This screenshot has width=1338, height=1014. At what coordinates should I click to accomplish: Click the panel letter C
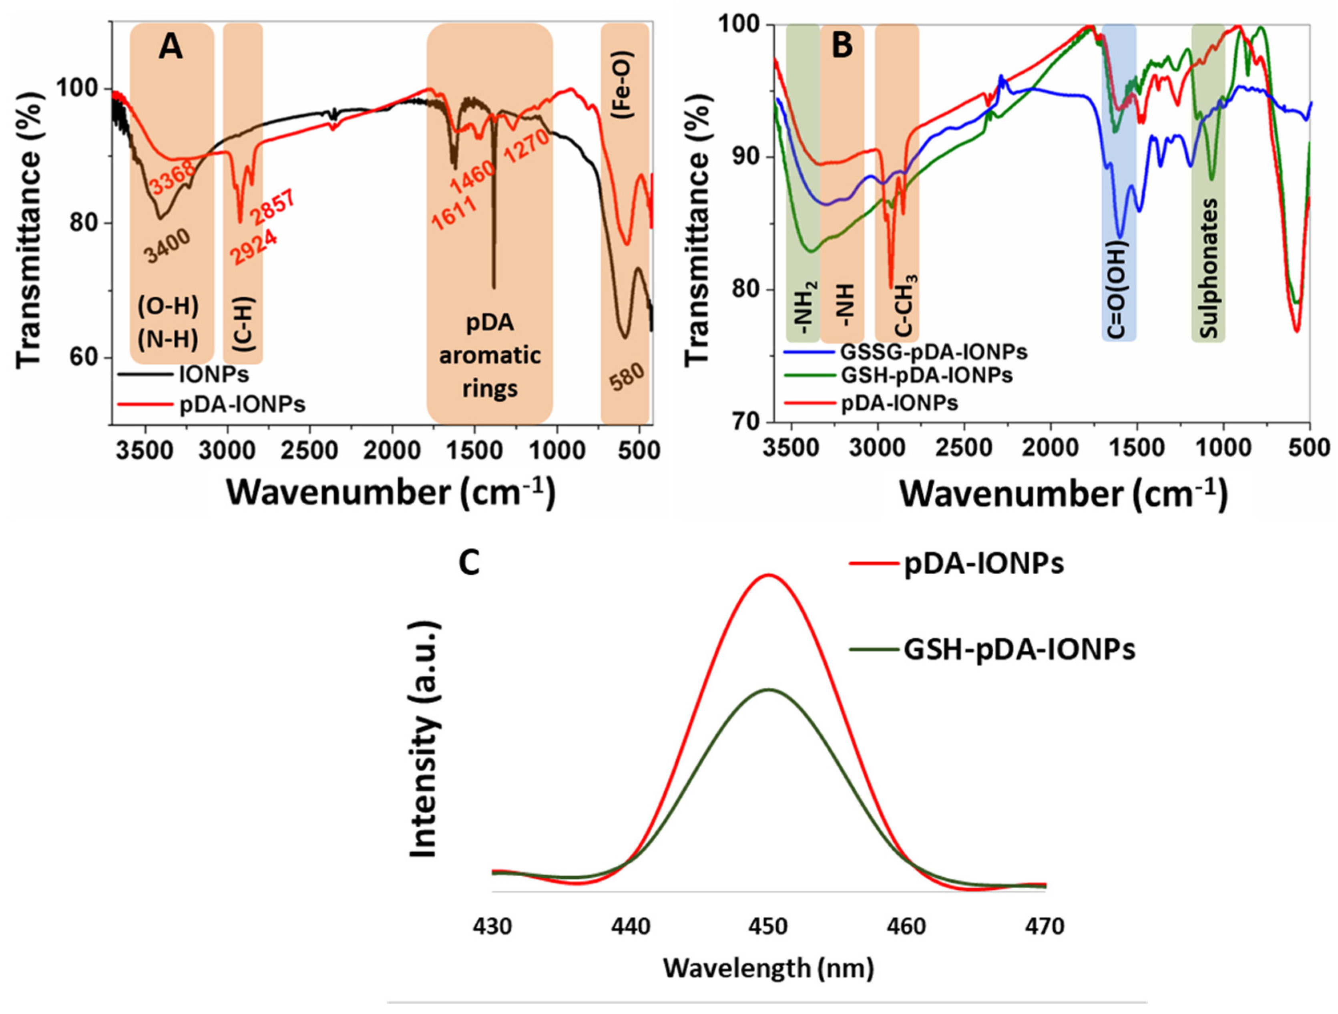click(x=469, y=563)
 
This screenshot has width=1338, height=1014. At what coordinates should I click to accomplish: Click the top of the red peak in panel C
click(x=769, y=575)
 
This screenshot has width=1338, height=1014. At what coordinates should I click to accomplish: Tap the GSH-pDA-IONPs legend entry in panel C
click(x=1019, y=650)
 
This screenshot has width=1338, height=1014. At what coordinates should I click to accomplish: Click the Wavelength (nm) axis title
click(x=769, y=968)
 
